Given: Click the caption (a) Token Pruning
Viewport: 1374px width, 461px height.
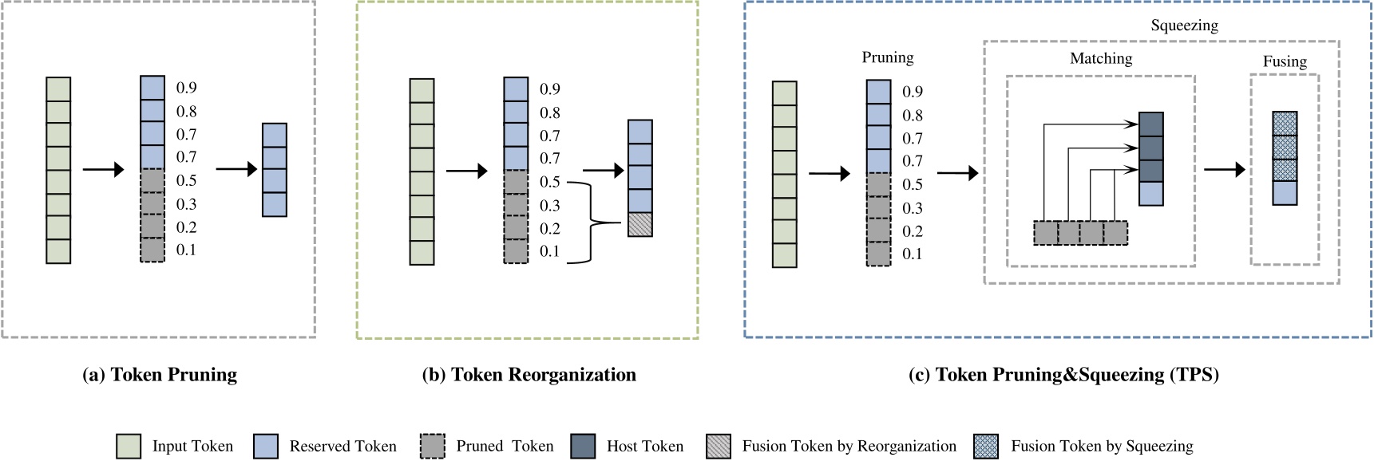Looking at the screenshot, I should pyautogui.click(x=160, y=375).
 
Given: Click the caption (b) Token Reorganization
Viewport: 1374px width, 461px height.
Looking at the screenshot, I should pyautogui.click(x=529, y=375).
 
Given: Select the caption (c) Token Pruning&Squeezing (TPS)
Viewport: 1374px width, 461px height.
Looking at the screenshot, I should pyautogui.click(x=1063, y=375).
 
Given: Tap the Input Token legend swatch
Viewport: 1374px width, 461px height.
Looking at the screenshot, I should pyautogui.click(x=129, y=447).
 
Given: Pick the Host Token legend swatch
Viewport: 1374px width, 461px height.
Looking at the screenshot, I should pyautogui.click(x=584, y=447).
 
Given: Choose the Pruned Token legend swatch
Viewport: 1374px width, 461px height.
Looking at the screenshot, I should pyautogui.click(x=433, y=447).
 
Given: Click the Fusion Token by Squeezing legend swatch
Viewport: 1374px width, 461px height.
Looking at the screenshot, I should pyautogui.click(x=987, y=447).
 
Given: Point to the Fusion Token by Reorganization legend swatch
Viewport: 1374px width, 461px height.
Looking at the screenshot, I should pyautogui.click(x=719, y=447).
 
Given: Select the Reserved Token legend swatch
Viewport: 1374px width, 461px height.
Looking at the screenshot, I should pyautogui.click(x=266, y=447).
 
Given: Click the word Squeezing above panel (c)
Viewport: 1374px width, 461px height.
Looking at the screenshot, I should pyautogui.click(x=1184, y=26).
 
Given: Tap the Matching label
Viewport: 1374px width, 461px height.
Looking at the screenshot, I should pyautogui.click(x=1101, y=58).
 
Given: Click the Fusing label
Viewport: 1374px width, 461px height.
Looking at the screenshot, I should pyautogui.click(x=1285, y=61).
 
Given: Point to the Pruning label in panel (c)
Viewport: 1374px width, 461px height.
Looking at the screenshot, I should pyautogui.click(x=888, y=57).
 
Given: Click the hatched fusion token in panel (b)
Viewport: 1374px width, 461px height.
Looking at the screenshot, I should pyautogui.click(x=640, y=224).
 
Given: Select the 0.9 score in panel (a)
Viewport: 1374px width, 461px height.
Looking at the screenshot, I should pyautogui.click(x=186, y=88).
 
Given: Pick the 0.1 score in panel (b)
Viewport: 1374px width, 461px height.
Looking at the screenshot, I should pyautogui.click(x=549, y=251).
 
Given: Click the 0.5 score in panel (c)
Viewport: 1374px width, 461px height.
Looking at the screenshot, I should pyautogui.click(x=913, y=184).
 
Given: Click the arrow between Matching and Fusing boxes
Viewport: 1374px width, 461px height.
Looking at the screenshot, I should pyautogui.click(x=1224, y=169).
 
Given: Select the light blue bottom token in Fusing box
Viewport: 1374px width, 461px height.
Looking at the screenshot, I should pyautogui.click(x=1285, y=194).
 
